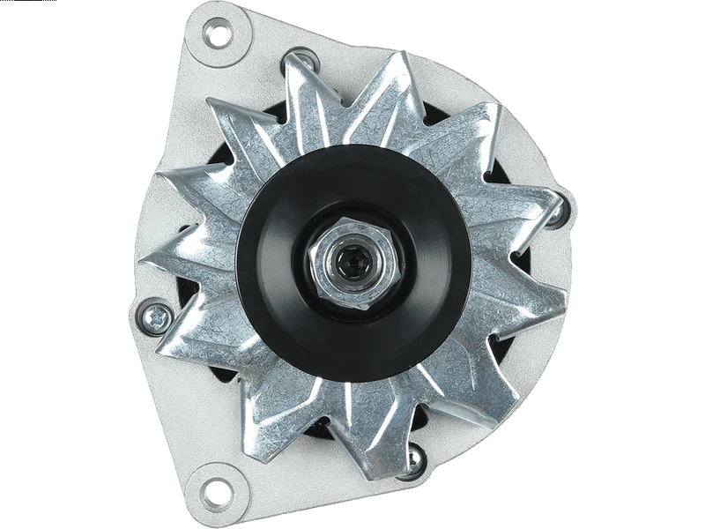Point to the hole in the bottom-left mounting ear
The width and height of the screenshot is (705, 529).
pyautogui.click(x=218, y=488)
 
